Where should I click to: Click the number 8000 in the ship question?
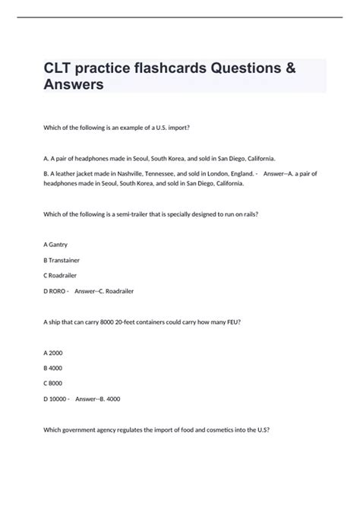(x=103, y=322)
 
